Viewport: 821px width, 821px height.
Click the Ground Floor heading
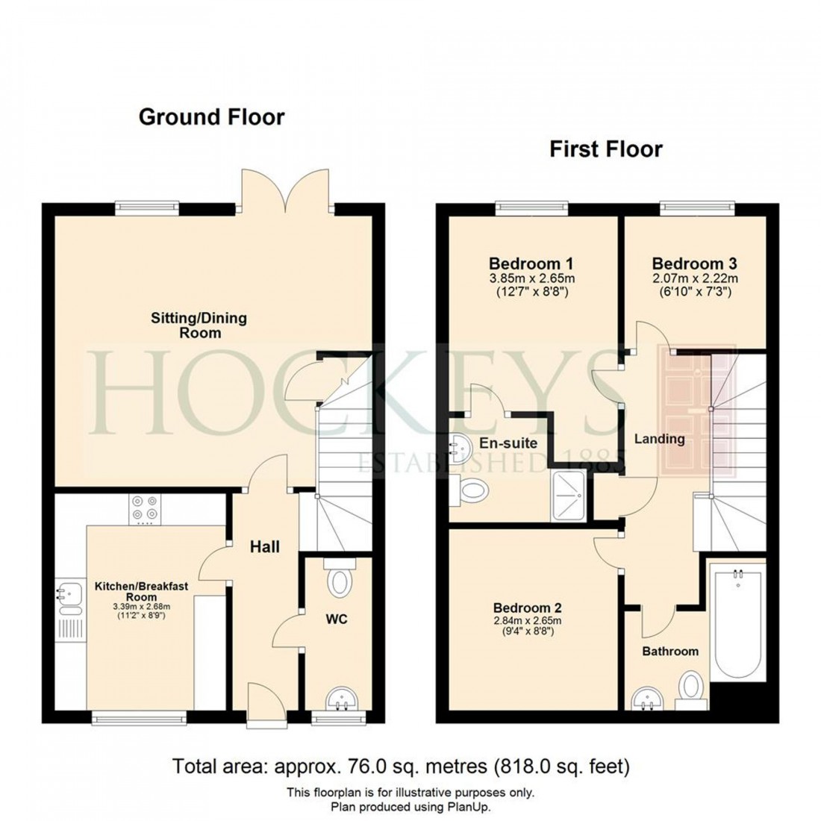pos(212,117)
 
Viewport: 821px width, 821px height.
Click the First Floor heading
pos(605,149)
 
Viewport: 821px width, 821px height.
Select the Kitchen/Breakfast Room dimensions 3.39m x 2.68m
pos(142,607)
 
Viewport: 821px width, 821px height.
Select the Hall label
pos(264,547)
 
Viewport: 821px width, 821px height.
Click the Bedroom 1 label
pos(531,263)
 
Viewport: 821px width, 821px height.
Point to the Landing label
pos(659,439)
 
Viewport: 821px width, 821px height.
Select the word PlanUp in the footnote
pos(469,807)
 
